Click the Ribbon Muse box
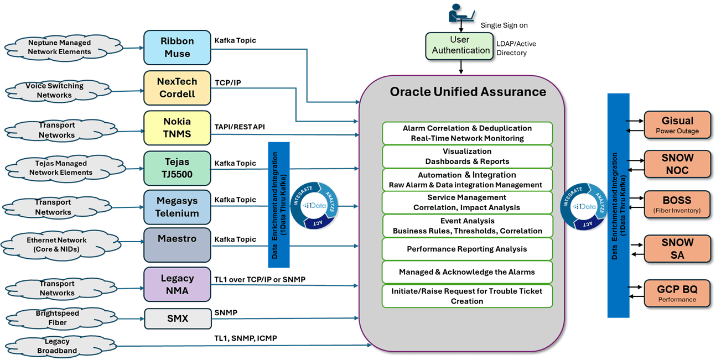177,48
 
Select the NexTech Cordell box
177,87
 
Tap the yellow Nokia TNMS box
177,128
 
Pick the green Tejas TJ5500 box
177,168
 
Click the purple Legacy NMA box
177,284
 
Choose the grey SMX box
177,319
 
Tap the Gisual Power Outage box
677,125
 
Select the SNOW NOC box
677,164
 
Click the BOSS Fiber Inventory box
677,204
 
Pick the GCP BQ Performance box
677,293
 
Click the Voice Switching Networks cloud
54,91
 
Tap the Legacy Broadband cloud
58,346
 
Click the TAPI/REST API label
239,127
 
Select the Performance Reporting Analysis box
467,249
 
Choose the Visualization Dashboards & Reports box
467,156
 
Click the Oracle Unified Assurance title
468,91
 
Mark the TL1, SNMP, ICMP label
246,338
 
